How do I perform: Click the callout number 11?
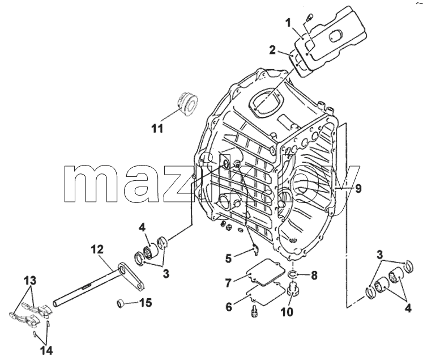pos(157,129)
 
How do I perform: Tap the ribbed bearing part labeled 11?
pos(188,103)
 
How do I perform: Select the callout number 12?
pos(97,249)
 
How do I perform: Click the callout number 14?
pos(46,350)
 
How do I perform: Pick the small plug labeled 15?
pos(120,303)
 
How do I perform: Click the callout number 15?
pos(146,303)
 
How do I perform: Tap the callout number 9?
pos(358,189)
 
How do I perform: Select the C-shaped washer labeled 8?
pos(292,274)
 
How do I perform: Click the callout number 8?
pos(314,276)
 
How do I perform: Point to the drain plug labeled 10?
pos(292,289)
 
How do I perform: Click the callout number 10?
pos(287,312)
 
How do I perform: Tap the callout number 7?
pos(228,283)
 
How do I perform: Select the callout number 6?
pos(229,307)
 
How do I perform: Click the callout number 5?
pos(228,259)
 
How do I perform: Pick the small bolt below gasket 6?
pos(254,311)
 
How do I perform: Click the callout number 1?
pos(288,23)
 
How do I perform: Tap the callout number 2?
pos(272,50)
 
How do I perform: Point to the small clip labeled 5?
pos(255,248)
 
